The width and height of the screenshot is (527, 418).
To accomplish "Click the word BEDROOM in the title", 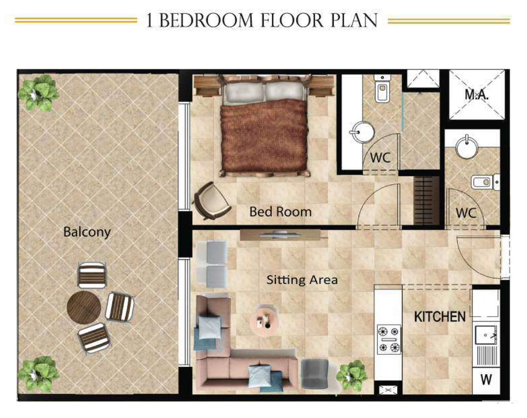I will tap(206, 20).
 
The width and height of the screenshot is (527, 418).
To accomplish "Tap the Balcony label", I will tap(87, 232).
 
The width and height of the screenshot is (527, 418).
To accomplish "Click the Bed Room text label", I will tap(280, 212).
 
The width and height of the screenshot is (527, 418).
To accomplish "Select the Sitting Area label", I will tap(302, 280).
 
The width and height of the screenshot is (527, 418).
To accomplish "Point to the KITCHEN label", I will tap(439, 317).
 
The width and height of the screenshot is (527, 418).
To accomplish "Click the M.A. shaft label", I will tap(476, 95).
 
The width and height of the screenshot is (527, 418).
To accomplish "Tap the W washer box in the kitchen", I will tap(486, 380).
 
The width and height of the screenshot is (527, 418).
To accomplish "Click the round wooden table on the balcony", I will tap(84, 307).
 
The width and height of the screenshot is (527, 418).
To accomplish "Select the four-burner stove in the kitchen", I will tap(389, 339).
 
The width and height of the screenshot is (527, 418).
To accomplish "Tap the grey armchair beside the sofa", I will tap(314, 373).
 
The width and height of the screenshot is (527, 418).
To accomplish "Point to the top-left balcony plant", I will tap(38, 93).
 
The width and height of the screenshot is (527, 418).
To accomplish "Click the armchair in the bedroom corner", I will tap(212, 201).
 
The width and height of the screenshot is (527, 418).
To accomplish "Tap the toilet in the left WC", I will tap(382, 91).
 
